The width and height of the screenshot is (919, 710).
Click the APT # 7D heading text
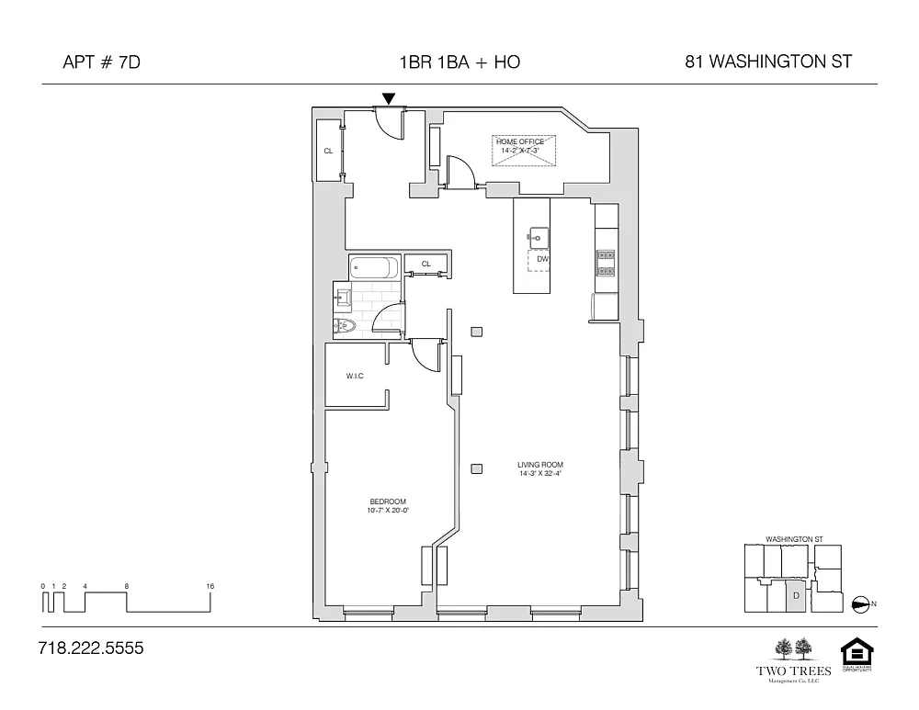(x=101, y=62)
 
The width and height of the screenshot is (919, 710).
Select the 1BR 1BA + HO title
(x=459, y=62)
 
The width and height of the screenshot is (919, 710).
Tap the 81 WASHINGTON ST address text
(x=768, y=62)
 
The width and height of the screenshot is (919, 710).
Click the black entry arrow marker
(x=389, y=98)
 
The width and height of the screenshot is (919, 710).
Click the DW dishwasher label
(x=542, y=259)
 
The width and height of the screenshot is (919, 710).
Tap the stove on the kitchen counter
(x=606, y=263)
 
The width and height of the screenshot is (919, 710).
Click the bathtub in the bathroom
(x=374, y=268)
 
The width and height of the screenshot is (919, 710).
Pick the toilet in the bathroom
(x=346, y=327)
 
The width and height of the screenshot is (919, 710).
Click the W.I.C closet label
(x=356, y=376)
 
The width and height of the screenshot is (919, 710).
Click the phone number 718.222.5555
(x=91, y=648)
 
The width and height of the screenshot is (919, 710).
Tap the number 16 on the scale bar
(x=210, y=586)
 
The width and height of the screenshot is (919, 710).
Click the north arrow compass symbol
(x=862, y=603)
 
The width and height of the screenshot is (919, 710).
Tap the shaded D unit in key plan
(x=794, y=596)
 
